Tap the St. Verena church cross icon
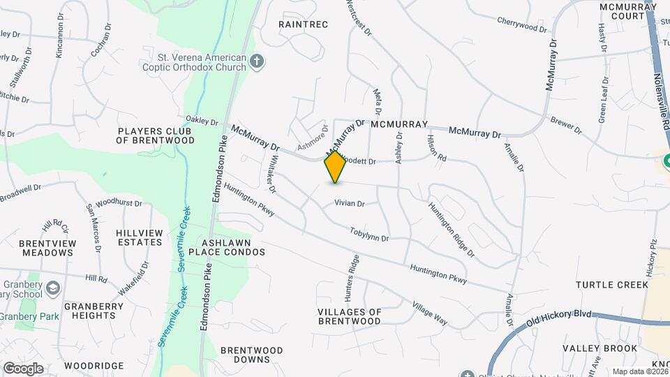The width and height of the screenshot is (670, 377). [x=257, y=62]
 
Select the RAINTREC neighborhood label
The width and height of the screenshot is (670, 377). [x=303, y=24]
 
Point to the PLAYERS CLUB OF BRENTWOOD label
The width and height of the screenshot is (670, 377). [x=156, y=135]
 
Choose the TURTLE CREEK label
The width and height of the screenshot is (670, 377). [x=611, y=285]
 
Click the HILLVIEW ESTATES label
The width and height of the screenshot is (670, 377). [x=140, y=237]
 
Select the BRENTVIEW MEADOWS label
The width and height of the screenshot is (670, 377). [x=47, y=248]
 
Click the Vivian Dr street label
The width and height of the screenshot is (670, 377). [x=350, y=204]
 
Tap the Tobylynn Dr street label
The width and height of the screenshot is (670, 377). [x=368, y=234]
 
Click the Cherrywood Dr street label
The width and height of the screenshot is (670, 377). [x=522, y=25]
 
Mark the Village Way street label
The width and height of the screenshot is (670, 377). [x=430, y=315]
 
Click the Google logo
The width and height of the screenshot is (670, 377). [x=22, y=369]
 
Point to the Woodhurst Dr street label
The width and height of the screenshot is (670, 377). [x=119, y=204]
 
